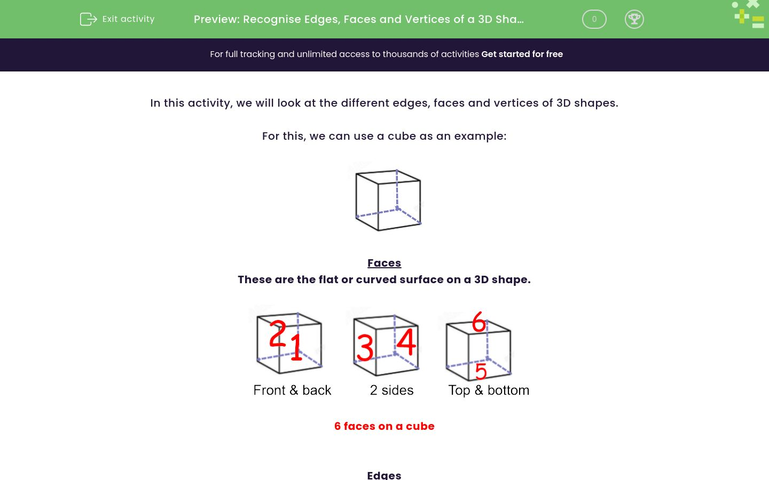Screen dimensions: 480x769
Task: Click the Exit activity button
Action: (x=117, y=19)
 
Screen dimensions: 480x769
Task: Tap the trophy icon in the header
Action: (x=634, y=19)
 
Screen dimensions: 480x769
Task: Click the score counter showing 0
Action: (x=594, y=19)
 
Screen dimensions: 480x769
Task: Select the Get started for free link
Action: (x=522, y=54)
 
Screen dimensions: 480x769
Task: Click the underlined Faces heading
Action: (x=384, y=263)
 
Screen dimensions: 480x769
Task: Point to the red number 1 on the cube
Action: (x=296, y=347)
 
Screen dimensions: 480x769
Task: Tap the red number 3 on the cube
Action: (x=365, y=348)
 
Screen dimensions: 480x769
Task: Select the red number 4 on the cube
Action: (x=406, y=342)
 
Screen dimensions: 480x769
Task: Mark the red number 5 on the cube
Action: (x=481, y=371)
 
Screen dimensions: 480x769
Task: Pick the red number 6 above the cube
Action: (x=479, y=322)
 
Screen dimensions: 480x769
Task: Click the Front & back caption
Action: (x=292, y=390)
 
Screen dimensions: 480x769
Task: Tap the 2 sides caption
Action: (x=392, y=390)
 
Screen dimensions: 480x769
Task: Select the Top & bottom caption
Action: (x=489, y=390)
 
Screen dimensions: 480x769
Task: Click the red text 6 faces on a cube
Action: (x=384, y=426)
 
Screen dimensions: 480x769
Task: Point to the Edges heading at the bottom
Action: (x=384, y=474)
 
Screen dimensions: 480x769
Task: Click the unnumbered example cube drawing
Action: (x=388, y=200)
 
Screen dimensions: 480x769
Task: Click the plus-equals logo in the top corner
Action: (x=749, y=15)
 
